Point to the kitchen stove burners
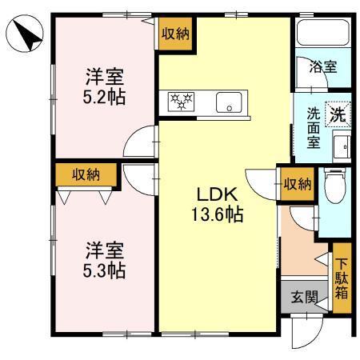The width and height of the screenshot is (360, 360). pyautogui.click(x=182, y=102)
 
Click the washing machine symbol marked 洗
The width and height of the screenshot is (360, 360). pyautogui.click(x=338, y=114)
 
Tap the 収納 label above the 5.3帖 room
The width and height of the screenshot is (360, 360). pyautogui.click(x=87, y=174)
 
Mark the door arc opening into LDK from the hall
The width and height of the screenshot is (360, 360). pyautogui.click(x=263, y=182)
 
